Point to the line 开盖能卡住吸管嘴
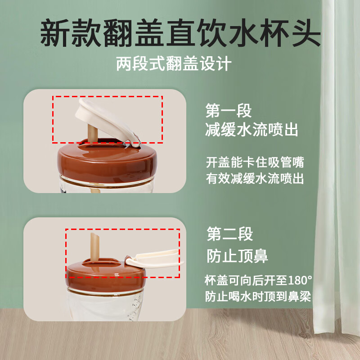coord(255,162)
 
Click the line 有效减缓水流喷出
coord(255,179)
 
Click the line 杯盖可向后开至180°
coord(258,280)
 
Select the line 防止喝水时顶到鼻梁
coord(258,297)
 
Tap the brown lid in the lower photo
coord(106,274)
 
